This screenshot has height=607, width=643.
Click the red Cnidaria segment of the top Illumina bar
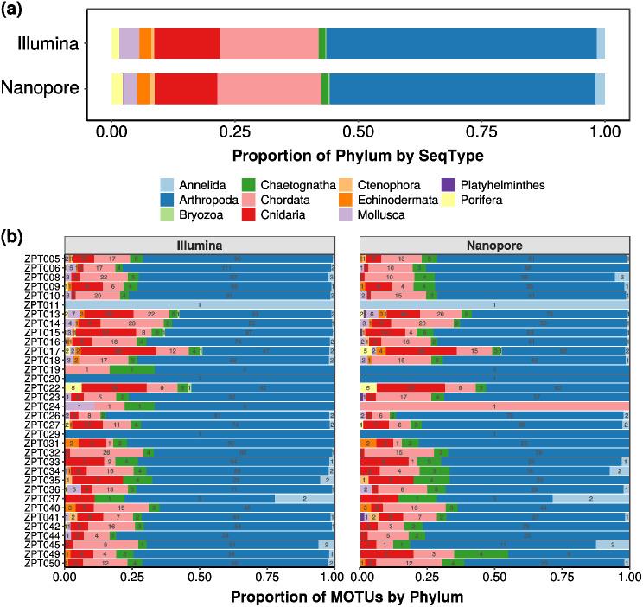click(x=187, y=42)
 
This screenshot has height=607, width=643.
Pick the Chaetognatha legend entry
click(x=292, y=184)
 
